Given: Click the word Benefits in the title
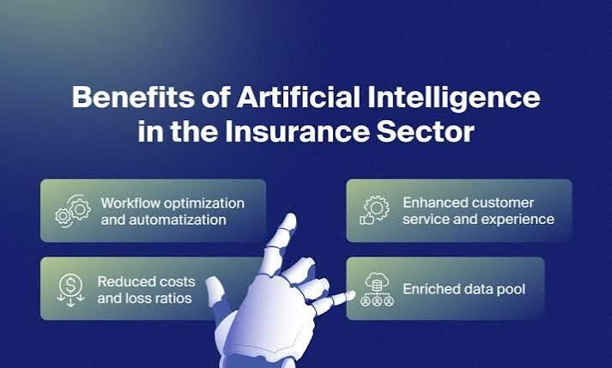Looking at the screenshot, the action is pyautogui.click(x=133, y=97).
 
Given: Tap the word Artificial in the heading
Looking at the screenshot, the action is pyautogui.click(x=298, y=97).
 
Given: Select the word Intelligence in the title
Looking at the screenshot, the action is pyautogui.click(x=454, y=100).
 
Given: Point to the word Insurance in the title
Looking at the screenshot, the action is pyautogui.click(x=297, y=131).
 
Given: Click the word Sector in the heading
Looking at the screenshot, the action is pyautogui.click(x=426, y=132).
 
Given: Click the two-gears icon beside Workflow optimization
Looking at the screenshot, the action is pyautogui.click(x=73, y=211).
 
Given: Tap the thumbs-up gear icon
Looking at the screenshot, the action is pyautogui.click(x=374, y=211).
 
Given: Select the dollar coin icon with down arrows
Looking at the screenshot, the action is pyautogui.click(x=70, y=290).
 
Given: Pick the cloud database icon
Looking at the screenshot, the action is pyautogui.click(x=377, y=290).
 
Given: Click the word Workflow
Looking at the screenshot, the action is pyautogui.click(x=130, y=203).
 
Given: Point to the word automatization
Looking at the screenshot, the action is pyautogui.click(x=178, y=220).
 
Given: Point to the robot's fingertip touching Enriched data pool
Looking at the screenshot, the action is pyautogui.click(x=351, y=295).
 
